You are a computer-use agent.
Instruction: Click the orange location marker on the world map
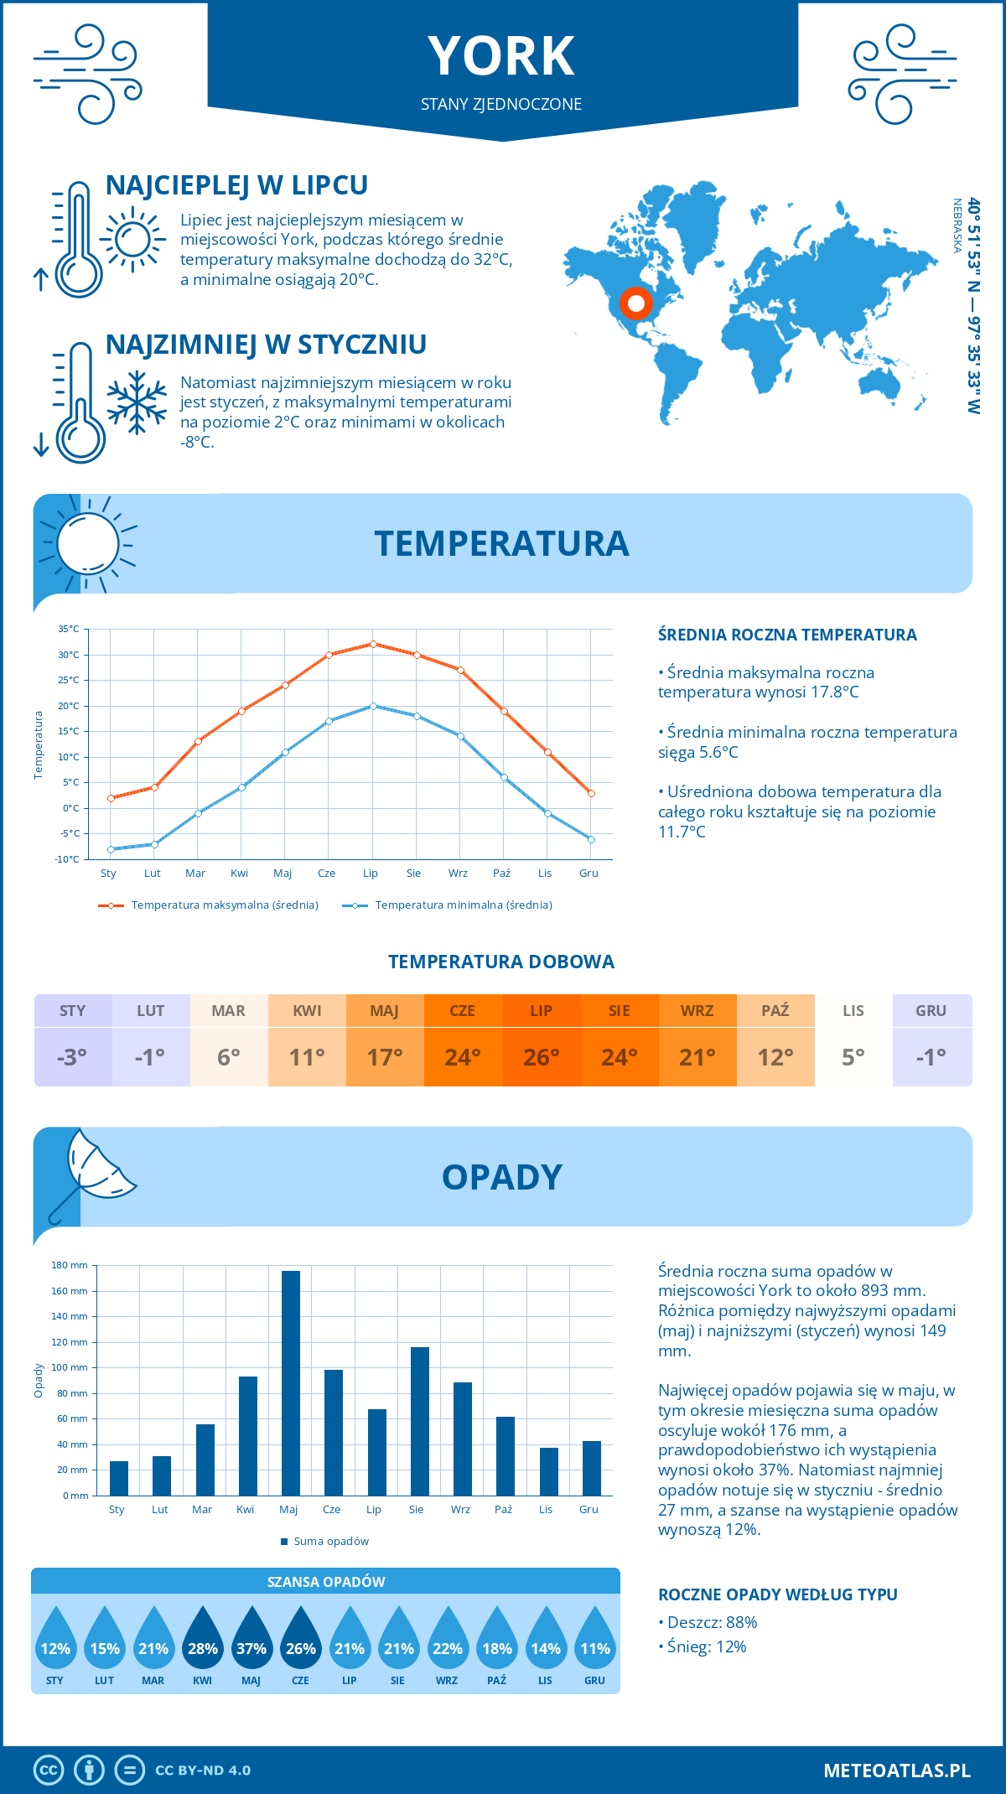(x=636, y=303)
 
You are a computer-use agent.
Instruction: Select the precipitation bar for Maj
(x=291, y=1383)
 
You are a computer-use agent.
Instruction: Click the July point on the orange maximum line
(x=373, y=644)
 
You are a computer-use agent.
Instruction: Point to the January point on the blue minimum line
(x=111, y=849)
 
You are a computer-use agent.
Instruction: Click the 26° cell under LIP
(x=542, y=1057)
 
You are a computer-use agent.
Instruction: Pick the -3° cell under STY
(x=73, y=1057)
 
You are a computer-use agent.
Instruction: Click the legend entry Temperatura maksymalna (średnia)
(x=224, y=905)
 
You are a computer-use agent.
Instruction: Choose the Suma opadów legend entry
(x=330, y=1542)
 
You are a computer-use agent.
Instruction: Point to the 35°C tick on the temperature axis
(x=69, y=629)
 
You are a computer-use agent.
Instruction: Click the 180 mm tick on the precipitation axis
(x=70, y=1265)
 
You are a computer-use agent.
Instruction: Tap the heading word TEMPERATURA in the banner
(x=501, y=543)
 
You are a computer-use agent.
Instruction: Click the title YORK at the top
(x=501, y=56)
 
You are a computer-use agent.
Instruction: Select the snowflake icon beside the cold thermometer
(x=137, y=402)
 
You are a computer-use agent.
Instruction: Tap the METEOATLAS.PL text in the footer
(x=897, y=1771)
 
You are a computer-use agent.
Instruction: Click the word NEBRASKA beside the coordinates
(x=957, y=226)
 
